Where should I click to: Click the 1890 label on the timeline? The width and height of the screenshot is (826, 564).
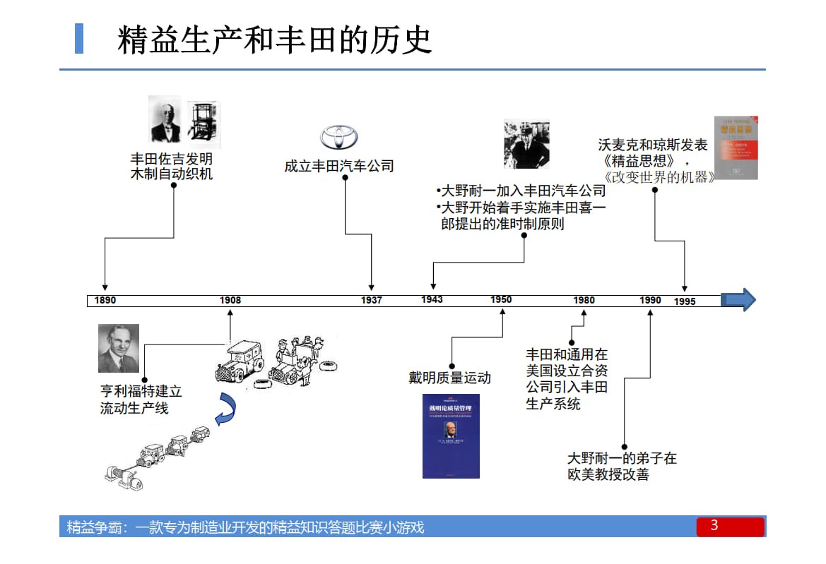(x=105, y=300)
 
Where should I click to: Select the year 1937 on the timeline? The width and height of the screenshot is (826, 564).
(x=372, y=300)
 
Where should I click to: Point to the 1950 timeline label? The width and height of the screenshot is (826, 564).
(x=501, y=299)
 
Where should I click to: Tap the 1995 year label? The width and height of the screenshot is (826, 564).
(x=685, y=301)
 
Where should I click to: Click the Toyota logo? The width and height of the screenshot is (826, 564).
(x=339, y=137)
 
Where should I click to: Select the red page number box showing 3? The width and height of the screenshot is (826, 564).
(x=730, y=527)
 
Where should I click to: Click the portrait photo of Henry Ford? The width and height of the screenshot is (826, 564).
(x=119, y=348)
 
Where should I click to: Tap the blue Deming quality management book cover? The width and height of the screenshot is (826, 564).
(x=451, y=436)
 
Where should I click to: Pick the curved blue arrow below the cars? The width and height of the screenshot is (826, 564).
(x=226, y=411)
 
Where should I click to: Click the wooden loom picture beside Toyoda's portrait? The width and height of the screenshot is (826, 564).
(x=203, y=124)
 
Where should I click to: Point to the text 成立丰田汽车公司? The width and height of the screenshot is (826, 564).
(x=339, y=167)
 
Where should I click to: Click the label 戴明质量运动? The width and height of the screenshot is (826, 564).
(x=449, y=378)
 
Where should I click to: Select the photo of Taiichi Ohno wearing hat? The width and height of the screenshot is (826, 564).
(x=526, y=144)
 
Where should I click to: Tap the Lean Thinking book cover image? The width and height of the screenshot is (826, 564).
(x=736, y=147)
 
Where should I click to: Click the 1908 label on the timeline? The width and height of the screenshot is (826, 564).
(x=230, y=300)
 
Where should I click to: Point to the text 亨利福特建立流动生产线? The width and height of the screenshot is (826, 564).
(x=141, y=399)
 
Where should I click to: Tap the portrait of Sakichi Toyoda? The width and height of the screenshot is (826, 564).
(x=165, y=119)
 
